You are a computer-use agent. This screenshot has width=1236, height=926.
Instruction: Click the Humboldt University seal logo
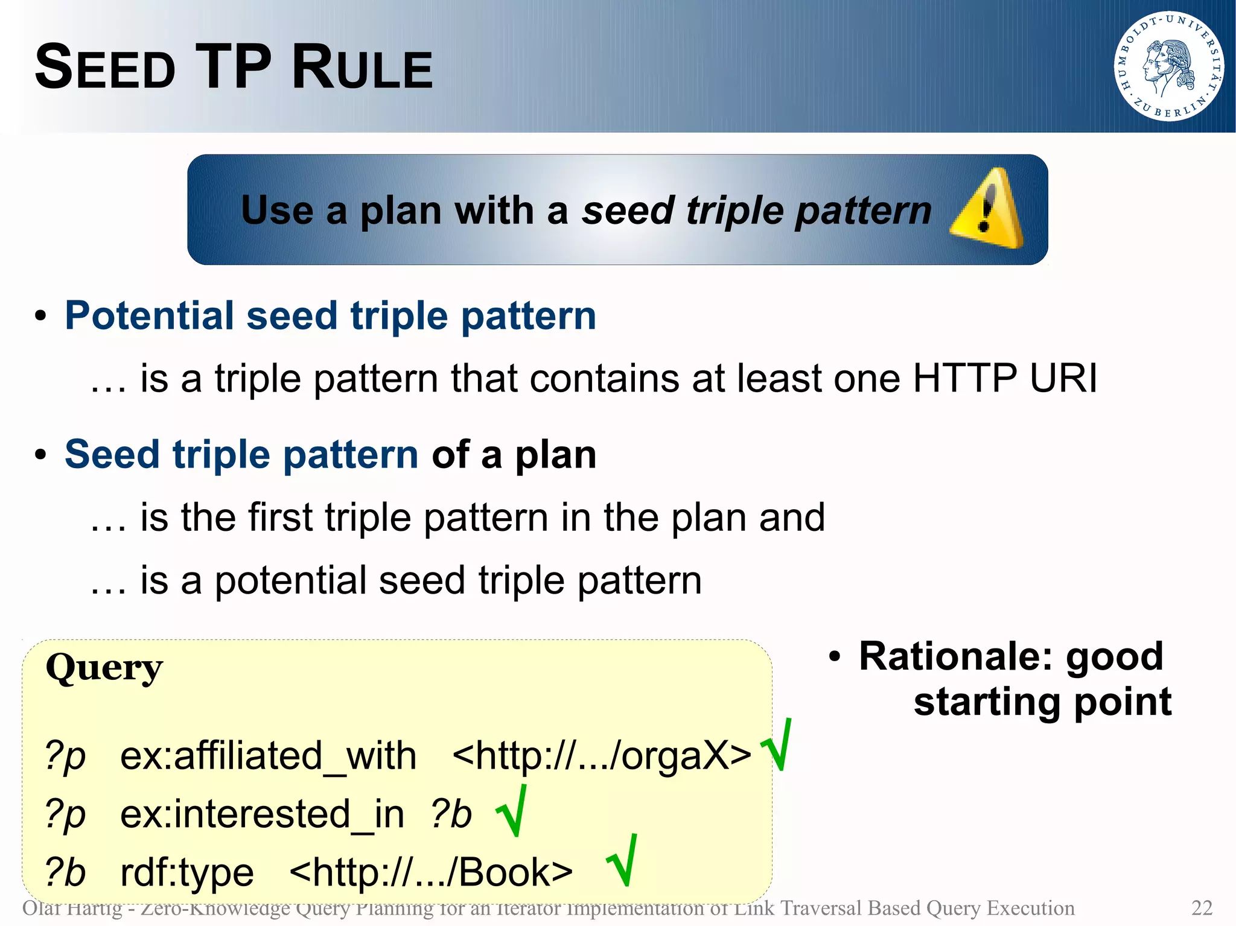(x=1168, y=66)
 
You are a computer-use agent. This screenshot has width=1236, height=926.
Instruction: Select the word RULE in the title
(x=362, y=68)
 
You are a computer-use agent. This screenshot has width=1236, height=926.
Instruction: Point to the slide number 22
(x=1202, y=908)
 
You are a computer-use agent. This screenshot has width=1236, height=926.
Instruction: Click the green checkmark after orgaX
(x=777, y=747)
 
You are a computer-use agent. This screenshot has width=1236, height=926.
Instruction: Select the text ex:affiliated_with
(x=268, y=756)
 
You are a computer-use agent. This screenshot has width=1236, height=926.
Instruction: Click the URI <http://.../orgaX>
(x=601, y=756)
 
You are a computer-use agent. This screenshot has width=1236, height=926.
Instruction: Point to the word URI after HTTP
(x=1063, y=379)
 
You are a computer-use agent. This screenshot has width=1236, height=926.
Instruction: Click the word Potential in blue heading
(x=149, y=316)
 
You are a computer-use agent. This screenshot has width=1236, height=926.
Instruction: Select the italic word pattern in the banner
(x=863, y=212)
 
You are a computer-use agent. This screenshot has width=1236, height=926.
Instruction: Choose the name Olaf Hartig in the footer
(x=72, y=908)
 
